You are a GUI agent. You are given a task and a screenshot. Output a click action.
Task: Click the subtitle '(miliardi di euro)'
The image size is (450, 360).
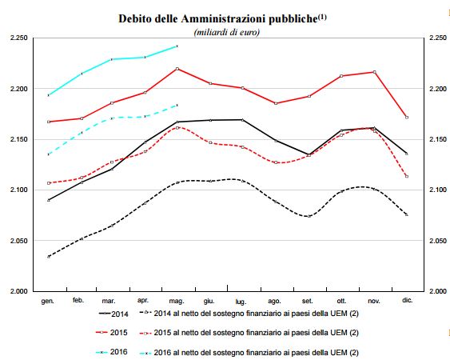(227, 32)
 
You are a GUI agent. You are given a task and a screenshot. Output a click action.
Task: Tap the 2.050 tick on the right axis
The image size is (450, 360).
(438, 241)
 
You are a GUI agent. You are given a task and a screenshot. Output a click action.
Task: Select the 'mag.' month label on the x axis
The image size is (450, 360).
(177, 301)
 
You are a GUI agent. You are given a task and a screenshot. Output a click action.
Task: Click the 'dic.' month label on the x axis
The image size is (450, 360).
(408, 300)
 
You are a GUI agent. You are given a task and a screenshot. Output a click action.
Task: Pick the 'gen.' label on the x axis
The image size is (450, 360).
(48, 301)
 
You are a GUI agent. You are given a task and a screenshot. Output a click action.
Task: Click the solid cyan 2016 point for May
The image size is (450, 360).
(177, 46)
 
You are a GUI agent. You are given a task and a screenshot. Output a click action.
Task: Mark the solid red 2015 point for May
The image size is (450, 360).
(177, 69)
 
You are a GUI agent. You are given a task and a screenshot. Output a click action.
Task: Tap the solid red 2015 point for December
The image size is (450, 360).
(407, 118)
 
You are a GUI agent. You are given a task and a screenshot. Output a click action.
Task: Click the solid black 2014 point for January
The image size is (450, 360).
(49, 200)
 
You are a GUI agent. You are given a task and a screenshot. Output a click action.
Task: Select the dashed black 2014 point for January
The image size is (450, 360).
(49, 257)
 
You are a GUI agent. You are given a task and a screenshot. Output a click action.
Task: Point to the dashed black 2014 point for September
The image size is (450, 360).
(309, 216)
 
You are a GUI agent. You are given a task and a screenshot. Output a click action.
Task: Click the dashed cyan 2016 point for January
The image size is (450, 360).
(49, 154)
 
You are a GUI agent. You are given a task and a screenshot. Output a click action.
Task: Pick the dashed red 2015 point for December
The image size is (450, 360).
(407, 177)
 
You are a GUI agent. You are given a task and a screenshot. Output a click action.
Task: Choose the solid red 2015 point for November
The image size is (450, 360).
(374, 72)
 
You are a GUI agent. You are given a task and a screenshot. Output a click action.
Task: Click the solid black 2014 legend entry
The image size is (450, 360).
(113, 314)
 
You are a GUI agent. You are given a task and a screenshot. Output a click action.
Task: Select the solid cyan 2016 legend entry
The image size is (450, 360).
(111, 352)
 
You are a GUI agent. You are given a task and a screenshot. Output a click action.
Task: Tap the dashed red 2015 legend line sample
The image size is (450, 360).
(145, 334)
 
